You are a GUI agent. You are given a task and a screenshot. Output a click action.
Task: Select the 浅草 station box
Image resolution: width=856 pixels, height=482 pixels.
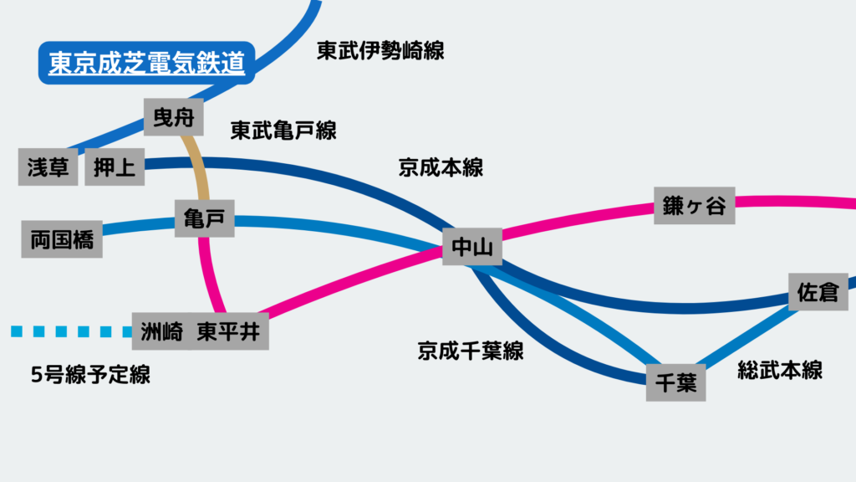click(x=48, y=167)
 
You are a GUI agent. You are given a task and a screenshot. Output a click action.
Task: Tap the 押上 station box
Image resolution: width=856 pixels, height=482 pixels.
click(x=115, y=167)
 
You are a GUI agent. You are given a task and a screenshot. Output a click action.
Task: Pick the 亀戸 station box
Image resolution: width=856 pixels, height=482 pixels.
click(x=204, y=219)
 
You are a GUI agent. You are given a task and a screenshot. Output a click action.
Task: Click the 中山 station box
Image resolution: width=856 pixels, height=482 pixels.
click(x=472, y=247)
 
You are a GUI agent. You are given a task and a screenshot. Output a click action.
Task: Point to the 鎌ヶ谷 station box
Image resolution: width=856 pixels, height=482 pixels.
click(x=694, y=205)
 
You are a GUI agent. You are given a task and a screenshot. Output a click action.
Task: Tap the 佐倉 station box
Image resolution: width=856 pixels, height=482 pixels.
click(x=818, y=292)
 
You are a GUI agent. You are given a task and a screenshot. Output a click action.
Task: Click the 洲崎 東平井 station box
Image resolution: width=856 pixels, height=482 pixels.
click(x=201, y=331)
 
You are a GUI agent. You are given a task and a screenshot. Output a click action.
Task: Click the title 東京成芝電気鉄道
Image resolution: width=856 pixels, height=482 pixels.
click(x=146, y=64)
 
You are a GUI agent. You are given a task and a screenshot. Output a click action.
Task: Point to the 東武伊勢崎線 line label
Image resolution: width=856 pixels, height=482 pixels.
click(x=380, y=51)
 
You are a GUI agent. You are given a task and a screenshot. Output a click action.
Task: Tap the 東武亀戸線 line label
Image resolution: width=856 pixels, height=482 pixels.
click(x=283, y=131)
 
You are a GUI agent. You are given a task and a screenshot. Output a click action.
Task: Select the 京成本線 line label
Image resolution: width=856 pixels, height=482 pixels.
click(x=441, y=167)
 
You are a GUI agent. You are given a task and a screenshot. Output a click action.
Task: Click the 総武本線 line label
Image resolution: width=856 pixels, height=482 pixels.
click(x=780, y=370)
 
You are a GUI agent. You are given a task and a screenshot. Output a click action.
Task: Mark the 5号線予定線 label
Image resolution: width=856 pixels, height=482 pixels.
click(x=90, y=374)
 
